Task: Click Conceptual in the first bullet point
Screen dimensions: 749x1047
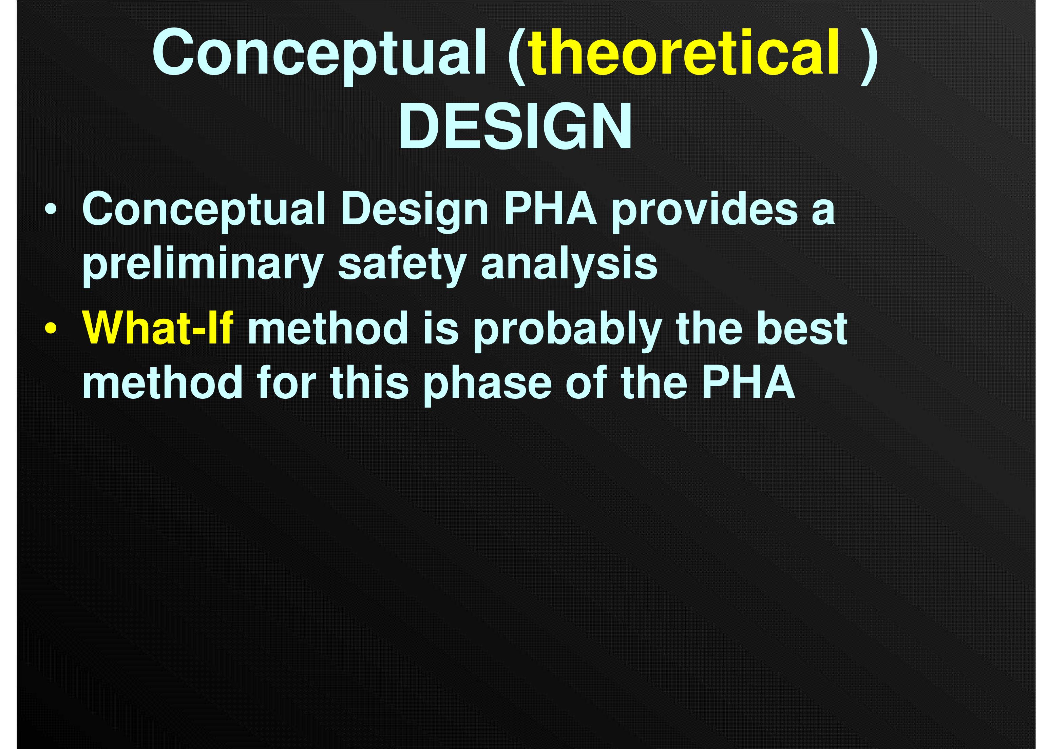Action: (x=204, y=210)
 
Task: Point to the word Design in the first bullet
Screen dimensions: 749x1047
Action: (x=414, y=210)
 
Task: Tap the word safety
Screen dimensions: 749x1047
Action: (x=402, y=265)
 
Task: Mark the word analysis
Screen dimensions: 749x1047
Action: (x=569, y=265)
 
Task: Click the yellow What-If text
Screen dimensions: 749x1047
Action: (x=158, y=328)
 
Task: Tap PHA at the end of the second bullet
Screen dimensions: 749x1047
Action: (x=748, y=382)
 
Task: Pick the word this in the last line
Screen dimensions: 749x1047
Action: (x=369, y=382)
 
